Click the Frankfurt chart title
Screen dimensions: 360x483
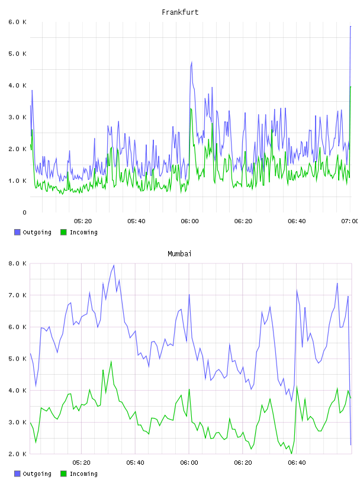click(x=180, y=12)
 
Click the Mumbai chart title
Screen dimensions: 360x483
click(x=179, y=254)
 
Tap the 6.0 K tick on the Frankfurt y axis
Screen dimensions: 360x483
click(x=17, y=22)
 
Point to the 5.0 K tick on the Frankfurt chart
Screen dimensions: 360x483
click(x=17, y=54)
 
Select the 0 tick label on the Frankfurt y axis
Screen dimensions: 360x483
click(x=24, y=212)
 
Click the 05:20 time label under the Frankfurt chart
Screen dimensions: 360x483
click(x=83, y=221)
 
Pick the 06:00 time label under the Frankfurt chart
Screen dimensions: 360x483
click(x=190, y=221)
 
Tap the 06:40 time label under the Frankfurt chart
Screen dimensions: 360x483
click(x=297, y=221)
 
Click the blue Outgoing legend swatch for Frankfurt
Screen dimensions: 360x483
click(x=17, y=232)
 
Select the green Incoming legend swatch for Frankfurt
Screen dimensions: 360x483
click(x=63, y=232)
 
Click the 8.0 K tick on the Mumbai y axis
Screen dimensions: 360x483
click(x=17, y=263)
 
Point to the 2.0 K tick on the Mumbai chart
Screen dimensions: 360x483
click(x=17, y=454)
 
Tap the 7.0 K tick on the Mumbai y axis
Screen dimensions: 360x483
click(x=17, y=295)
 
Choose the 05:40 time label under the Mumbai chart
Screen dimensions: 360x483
click(x=136, y=462)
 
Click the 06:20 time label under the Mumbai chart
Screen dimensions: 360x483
click(x=243, y=462)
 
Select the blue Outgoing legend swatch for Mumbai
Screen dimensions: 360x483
click(x=17, y=474)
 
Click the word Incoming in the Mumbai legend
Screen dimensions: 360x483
click(x=83, y=474)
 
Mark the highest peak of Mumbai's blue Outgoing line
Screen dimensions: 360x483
click(x=114, y=265)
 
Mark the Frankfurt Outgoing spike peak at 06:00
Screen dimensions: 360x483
click(x=192, y=62)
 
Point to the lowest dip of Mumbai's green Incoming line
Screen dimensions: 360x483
click(x=291, y=453)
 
